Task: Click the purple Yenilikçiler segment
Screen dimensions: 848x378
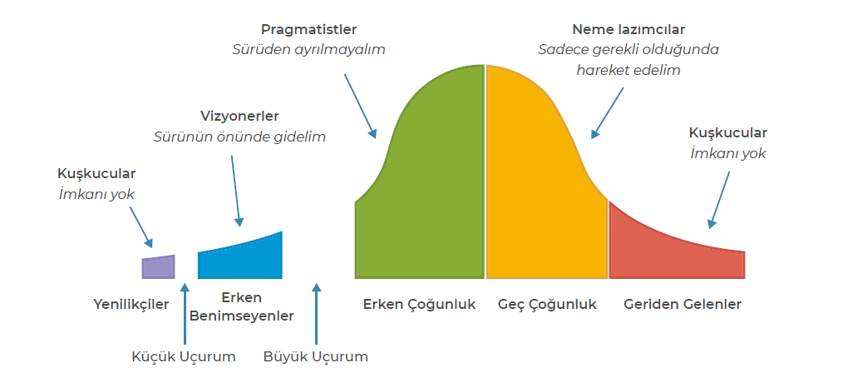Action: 159,267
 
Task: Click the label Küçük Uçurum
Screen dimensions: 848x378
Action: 184,357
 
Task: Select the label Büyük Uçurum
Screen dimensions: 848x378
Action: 316,357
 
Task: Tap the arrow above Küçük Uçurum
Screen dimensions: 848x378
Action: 185,314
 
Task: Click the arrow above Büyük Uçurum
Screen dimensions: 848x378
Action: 317,314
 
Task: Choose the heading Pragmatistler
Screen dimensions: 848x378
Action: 308,30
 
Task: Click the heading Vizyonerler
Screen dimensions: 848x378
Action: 239,117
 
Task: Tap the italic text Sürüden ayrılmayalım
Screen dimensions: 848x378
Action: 308,50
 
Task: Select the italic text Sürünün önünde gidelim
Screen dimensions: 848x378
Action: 239,137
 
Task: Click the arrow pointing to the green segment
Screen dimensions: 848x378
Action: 360,106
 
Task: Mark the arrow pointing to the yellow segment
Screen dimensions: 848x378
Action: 608,112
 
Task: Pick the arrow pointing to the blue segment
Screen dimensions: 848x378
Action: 236,191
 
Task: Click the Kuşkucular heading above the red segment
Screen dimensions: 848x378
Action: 728,132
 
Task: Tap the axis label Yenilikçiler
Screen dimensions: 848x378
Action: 131,305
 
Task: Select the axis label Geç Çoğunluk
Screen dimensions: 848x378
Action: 547,305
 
